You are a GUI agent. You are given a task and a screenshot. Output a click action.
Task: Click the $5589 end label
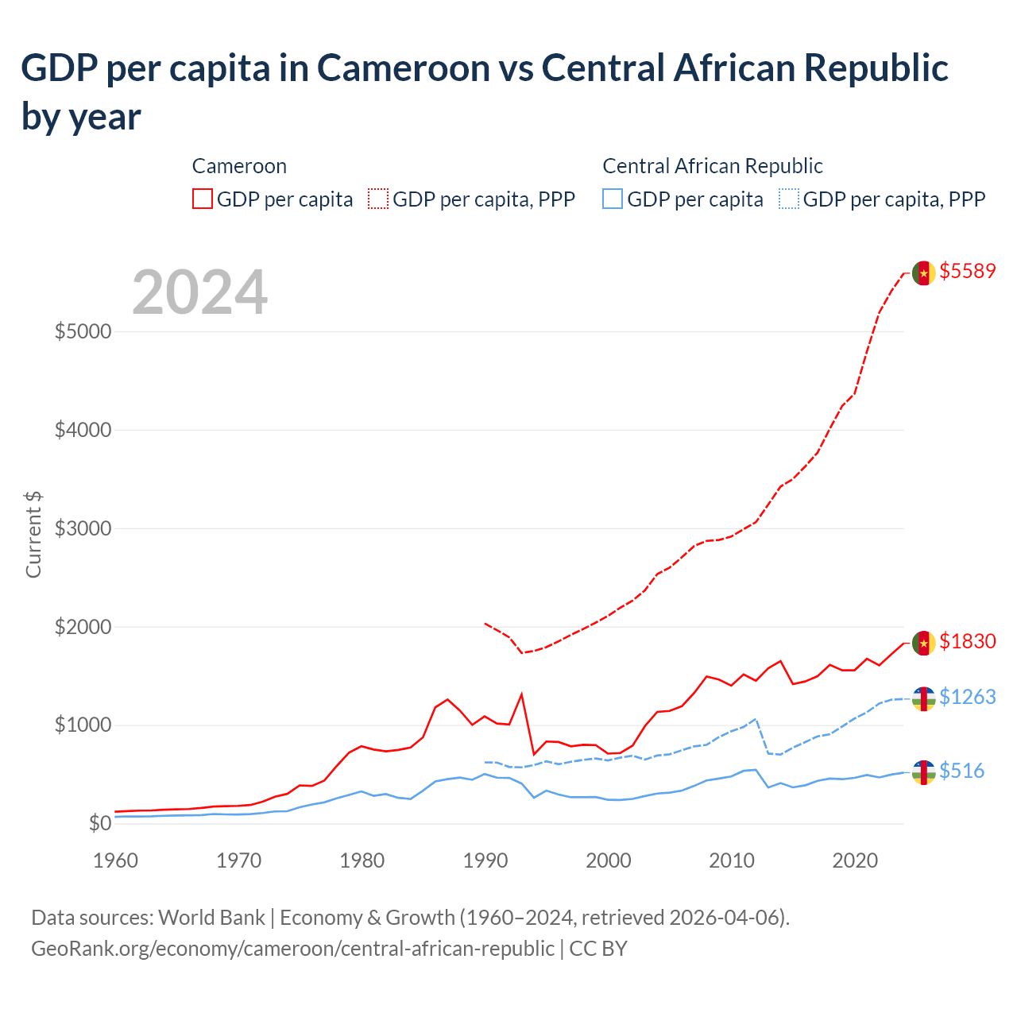click(x=967, y=271)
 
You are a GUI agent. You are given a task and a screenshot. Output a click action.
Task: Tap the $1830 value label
click(x=967, y=641)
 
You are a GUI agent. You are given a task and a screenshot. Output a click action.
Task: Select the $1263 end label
click(x=967, y=697)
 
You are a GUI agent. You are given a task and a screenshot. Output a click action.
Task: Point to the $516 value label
click(x=961, y=771)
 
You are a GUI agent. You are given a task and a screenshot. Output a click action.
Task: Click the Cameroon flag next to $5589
click(x=923, y=273)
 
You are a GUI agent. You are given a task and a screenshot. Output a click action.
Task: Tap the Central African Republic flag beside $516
click(x=923, y=771)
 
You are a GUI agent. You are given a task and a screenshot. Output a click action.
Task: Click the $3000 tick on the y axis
click(x=83, y=528)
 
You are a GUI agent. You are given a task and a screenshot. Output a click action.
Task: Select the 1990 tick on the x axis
click(x=485, y=860)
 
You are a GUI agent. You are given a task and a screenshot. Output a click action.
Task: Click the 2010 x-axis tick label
click(x=731, y=860)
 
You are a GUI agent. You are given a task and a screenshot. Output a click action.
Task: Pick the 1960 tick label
click(x=115, y=860)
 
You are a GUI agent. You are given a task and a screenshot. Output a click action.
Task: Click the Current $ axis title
click(x=33, y=534)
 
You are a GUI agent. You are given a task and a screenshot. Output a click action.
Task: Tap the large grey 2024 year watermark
click(x=199, y=292)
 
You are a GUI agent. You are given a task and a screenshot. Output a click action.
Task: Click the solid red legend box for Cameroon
click(x=203, y=199)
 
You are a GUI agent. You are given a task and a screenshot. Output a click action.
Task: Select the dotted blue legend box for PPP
click(x=788, y=199)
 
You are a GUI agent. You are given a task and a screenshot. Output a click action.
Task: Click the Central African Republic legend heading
click(x=712, y=166)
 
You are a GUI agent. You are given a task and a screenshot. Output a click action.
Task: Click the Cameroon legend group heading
click(x=239, y=166)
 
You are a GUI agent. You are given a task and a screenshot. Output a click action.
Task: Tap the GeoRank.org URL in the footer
click(x=292, y=949)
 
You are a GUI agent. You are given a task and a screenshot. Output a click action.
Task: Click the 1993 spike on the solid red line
click(x=521, y=694)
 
